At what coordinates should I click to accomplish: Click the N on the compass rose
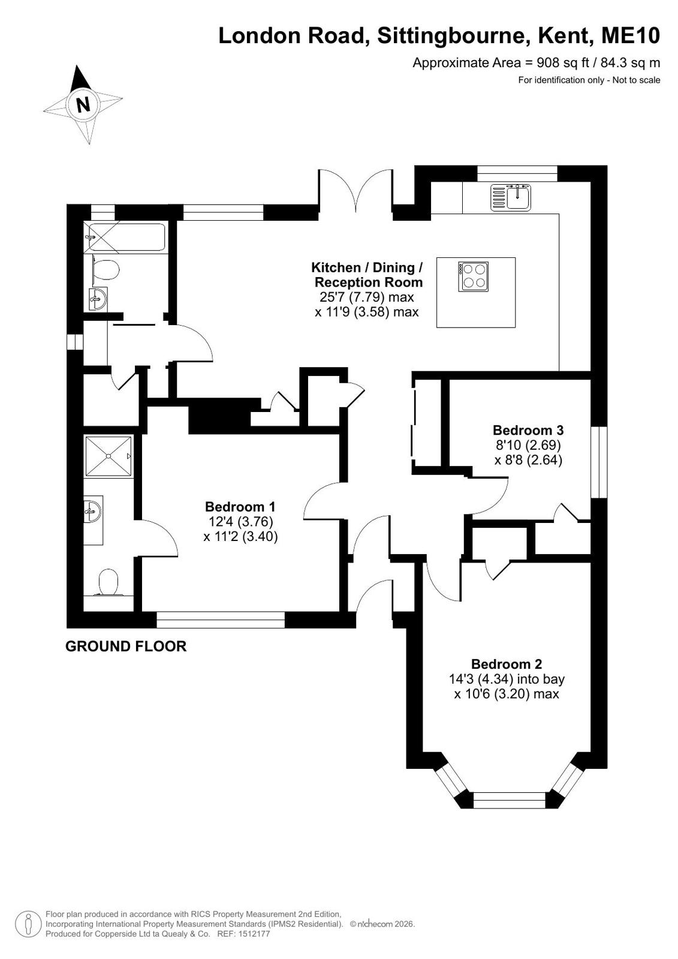83,104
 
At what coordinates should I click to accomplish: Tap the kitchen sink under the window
510,197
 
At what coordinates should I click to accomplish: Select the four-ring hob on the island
474,276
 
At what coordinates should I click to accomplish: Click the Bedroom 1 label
240,506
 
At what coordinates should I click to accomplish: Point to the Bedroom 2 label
507,664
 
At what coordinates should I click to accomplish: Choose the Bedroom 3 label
528,430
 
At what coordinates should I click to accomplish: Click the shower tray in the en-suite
109,456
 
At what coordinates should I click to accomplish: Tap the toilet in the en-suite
109,582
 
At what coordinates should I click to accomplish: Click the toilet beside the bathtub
106,270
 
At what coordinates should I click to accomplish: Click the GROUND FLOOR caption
126,646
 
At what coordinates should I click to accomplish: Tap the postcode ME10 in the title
631,36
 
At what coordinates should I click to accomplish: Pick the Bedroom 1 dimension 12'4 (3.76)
240,521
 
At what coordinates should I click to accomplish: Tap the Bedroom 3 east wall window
599,462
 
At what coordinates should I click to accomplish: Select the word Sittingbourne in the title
451,37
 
